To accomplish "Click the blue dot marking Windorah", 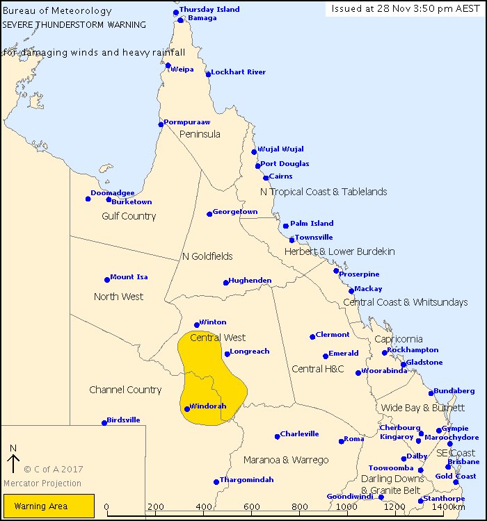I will [x=187, y=409].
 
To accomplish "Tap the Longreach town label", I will [x=249, y=352].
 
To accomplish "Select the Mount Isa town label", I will [x=129, y=277].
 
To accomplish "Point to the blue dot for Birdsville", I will [x=104, y=422].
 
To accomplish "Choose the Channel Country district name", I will [x=125, y=390].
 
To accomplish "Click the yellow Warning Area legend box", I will [x=49, y=506].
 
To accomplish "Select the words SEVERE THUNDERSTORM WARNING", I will [x=74, y=24].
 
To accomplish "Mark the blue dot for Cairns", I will [x=266, y=178].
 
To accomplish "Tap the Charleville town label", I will [x=299, y=433].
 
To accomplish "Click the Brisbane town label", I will [x=463, y=462].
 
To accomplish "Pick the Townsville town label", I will [x=314, y=238].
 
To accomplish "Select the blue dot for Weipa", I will [x=168, y=65].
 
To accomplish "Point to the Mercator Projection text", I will [x=42, y=483].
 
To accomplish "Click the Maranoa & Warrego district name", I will [x=286, y=460].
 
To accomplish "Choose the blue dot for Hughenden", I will [x=226, y=282].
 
